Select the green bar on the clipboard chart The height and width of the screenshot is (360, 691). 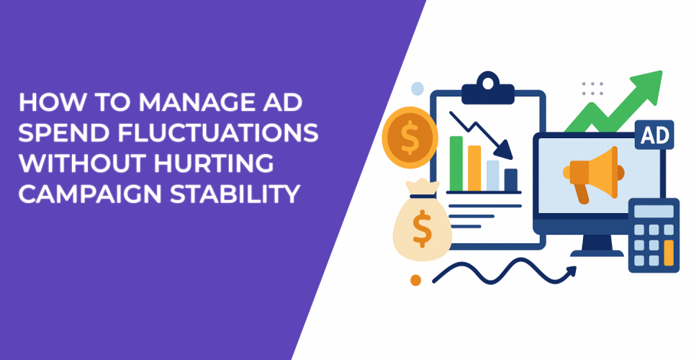pyautogui.click(x=456, y=161)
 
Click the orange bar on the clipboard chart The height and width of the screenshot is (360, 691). pyautogui.click(x=474, y=167)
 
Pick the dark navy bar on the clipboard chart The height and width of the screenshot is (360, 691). pyautogui.click(x=511, y=180)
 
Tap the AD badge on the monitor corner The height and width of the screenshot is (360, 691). pyautogui.click(x=654, y=135)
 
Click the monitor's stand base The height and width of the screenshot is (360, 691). pyautogui.click(x=595, y=253)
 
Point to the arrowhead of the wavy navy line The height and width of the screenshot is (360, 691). pyautogui.click(x=572, y=271)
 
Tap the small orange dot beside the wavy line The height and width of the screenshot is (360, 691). pyautogui.click(x=415, y=279)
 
